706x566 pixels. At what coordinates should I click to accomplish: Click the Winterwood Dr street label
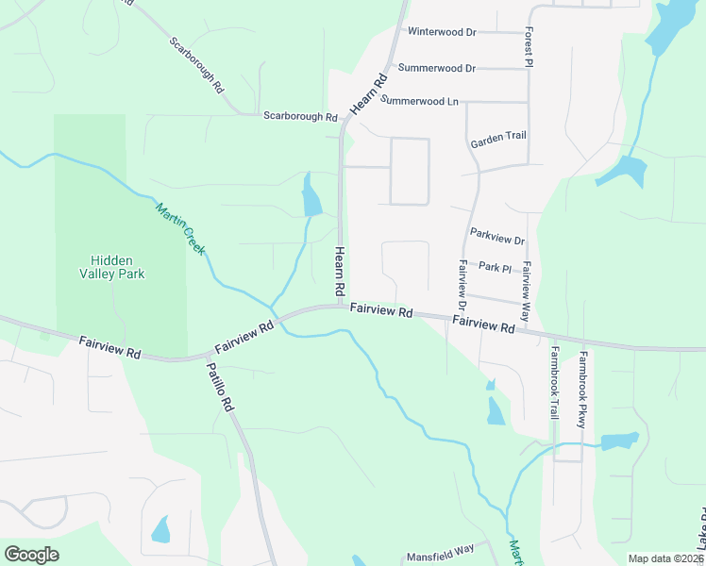pos(442,31)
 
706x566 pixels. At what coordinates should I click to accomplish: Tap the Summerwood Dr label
pos(437,68)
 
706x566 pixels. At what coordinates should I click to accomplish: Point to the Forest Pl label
pos(529,45)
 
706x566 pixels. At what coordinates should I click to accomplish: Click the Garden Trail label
pos(498,136)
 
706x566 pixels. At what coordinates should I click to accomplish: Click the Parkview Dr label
pos(496,232)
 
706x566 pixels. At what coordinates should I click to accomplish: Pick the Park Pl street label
pos(494,268)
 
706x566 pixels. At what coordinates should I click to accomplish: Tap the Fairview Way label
pos(526,282)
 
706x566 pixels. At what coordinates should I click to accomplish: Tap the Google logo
pos(31,555)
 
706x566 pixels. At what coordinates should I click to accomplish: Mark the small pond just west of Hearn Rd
pos(311,198)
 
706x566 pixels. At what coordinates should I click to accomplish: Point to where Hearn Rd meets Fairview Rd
pos(341,306)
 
